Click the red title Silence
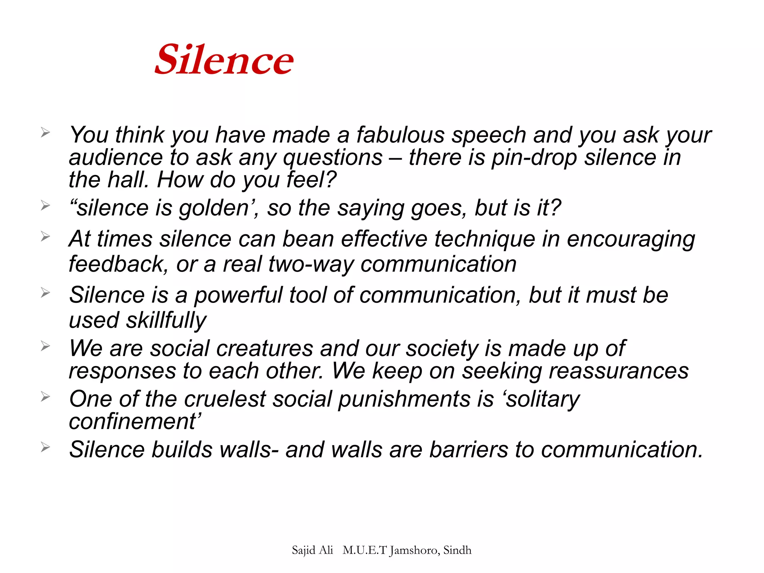(x=224, y=60)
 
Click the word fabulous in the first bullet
(x=400, y=135)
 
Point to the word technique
(x=485, y=239)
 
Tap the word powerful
(x=238, y=295)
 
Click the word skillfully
(x=166, y=320)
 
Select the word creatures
(x=264, y=348)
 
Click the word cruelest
(x=225, y=399)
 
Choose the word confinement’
(x=135, y=422)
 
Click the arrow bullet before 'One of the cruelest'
(x=45, y=396)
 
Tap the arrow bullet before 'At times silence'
(x=45, y=236)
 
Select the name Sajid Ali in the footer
(x=312, y=550)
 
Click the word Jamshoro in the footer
(x=414, y=550)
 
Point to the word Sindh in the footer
(x=457, y=550)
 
